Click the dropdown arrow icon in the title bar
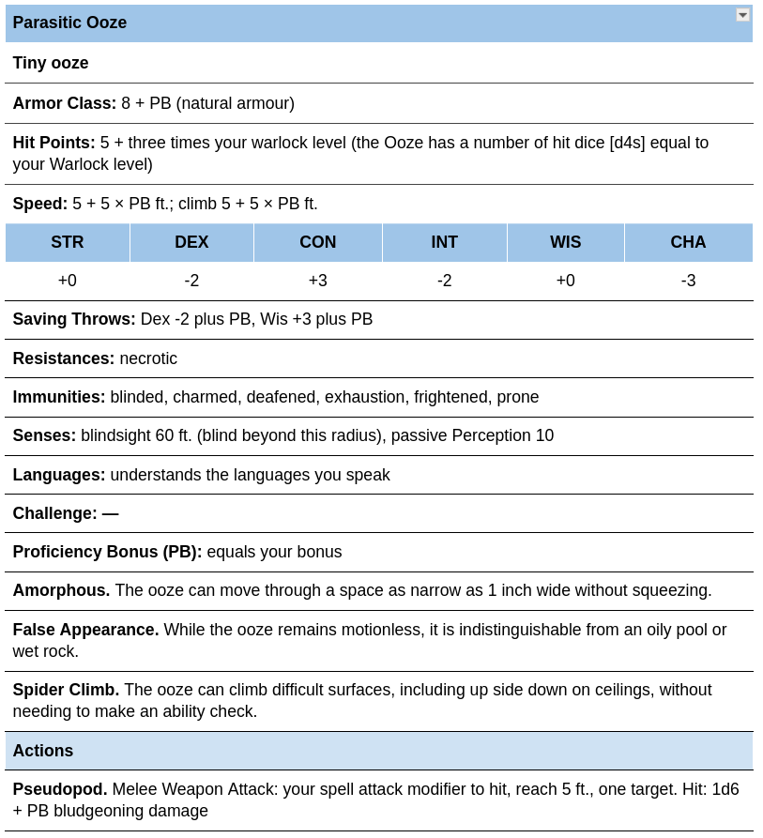coord(742,15)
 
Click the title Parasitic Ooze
coord(69,23)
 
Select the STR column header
coord(68,242)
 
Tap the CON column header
coord(317,242)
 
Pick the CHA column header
coord(688,242)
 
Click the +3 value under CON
coord(317,281)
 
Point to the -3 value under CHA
coord(688,281)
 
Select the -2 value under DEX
coord(191,281)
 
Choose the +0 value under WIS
coord(565,281)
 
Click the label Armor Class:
coord(65,103)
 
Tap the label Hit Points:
coord(54,143)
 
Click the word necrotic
coord(148,358)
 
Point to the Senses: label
coord(44,435)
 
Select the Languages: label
coord(59,475)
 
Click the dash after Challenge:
coord(111,513)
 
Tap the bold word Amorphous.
coord(61,590)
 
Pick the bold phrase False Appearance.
coord(85,630)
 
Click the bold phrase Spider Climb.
coord(66,690)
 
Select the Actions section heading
coord(43,751)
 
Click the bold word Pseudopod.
coord(60,789)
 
